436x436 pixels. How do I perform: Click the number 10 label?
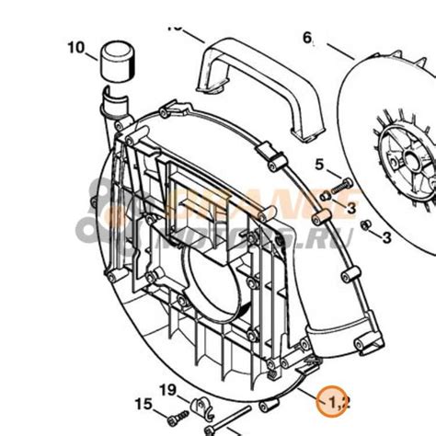coord(75,47)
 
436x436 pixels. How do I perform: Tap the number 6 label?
coord(308,38)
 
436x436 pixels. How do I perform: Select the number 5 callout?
coord(319,166)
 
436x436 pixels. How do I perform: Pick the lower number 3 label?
coord(387,237)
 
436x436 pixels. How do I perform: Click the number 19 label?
coord(166,391)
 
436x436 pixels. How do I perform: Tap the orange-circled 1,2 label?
coord(334,401)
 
